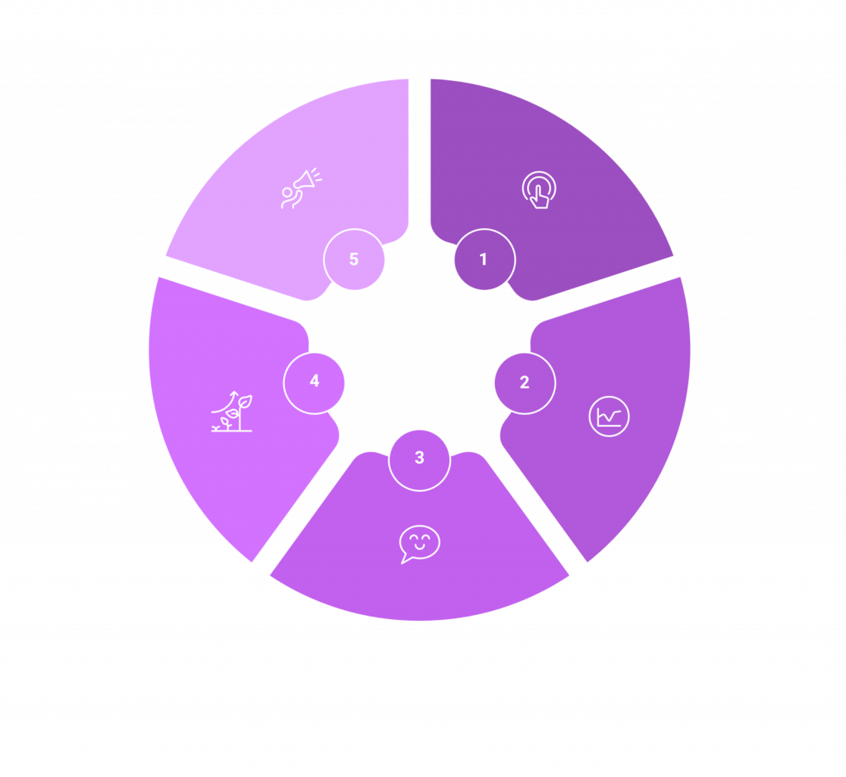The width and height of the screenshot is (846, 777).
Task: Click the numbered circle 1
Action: point(483,260)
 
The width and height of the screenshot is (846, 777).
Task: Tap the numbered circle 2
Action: point(524,383)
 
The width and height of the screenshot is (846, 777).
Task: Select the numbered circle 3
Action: point(419,457)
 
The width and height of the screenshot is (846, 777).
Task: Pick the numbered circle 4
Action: point(314,382)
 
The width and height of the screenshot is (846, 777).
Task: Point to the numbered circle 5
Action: point(354,260)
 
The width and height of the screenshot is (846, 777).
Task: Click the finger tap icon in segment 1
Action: point(539,189)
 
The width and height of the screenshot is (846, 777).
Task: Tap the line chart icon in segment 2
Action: point(609,416)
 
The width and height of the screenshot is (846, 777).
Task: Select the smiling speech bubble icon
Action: point(419,544)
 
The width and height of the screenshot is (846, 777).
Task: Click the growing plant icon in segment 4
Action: point(231,411)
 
